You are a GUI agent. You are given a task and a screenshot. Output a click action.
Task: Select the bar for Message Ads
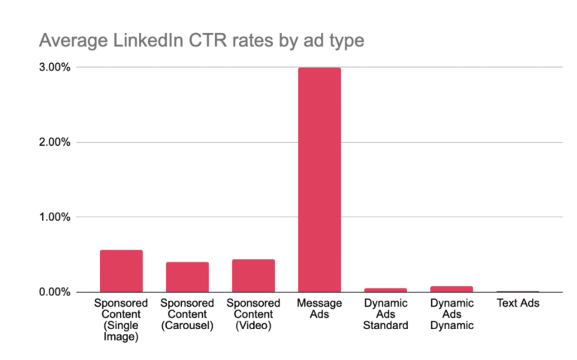click(319, 180)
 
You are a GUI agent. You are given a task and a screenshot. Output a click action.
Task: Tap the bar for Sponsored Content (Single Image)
click(121, 271)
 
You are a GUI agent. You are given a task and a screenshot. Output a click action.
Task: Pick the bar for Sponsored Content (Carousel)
click(187, 277)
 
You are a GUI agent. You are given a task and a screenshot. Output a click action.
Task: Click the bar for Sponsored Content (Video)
click(253, 275)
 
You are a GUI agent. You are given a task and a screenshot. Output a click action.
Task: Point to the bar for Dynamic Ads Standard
click(385, 289)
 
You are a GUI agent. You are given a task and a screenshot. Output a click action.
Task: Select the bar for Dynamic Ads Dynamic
click(452, 289)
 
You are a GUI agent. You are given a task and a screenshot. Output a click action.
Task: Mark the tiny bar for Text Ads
click(518, 291)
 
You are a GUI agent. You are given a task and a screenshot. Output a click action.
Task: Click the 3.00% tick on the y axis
click(53, 67)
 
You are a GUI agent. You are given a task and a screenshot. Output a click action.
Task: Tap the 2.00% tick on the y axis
click(53, 142)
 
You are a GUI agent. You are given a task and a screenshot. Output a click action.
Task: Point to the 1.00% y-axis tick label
click(53, 217)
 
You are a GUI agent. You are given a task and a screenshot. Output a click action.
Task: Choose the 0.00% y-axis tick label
click(53, 292)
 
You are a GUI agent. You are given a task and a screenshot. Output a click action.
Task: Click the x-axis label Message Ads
click(319, 308)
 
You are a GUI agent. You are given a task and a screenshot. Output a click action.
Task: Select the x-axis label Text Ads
click(518, 303)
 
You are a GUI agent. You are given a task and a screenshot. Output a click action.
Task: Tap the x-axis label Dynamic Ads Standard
click(385, 314)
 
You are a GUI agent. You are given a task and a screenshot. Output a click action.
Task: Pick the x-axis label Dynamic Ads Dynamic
click(452, 314)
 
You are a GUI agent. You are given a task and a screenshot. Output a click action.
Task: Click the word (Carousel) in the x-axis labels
click(187, 325)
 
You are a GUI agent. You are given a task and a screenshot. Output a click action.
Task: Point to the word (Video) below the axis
click(253, 325)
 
